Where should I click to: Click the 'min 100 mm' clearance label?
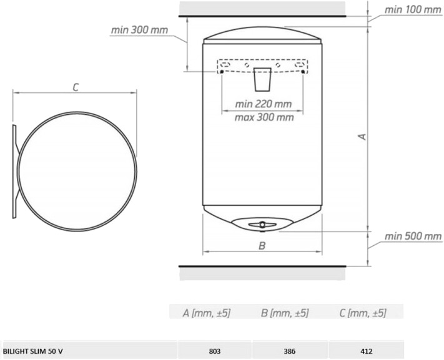413,9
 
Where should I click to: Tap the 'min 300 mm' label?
139,30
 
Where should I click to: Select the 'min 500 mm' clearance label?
413,236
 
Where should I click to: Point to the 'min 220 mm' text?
264,104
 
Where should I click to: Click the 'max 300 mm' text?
264,117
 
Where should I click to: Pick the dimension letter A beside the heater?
362,137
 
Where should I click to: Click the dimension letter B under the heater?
262,245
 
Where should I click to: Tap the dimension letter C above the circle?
76,87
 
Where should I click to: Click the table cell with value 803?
215,351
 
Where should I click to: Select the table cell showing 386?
290,351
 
